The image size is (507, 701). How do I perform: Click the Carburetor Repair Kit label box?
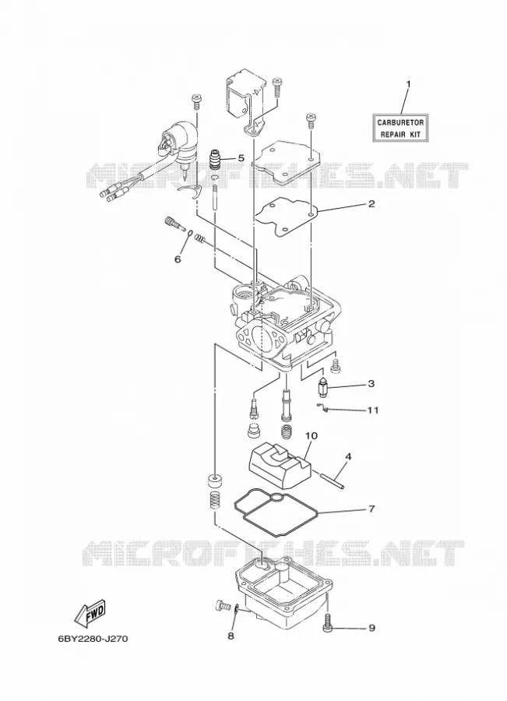(400, 128)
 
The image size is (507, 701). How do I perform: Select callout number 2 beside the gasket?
(371, 204)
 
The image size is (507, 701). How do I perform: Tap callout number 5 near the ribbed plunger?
(241, 158)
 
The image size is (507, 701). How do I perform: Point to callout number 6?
(178, 259)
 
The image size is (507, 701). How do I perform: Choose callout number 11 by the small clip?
(373, 410)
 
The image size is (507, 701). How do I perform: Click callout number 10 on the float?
(312, 435)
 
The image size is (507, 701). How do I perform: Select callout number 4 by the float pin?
(348, 457)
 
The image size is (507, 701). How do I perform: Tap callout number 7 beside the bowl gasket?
(371, 509)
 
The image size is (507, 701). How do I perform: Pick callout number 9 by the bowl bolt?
(371, 628)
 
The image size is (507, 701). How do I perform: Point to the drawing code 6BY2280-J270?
(93, 639)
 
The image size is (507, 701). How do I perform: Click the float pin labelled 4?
(332, 481)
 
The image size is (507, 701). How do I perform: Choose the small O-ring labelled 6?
(191, 232)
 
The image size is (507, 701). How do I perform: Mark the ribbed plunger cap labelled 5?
(217, 160)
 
